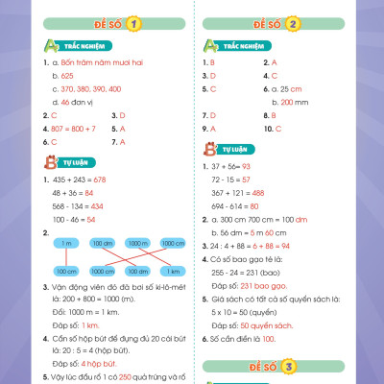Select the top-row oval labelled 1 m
pyautogui.click(x=65, y=244)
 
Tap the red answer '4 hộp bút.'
pyautogui.click(x=100, y=363)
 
